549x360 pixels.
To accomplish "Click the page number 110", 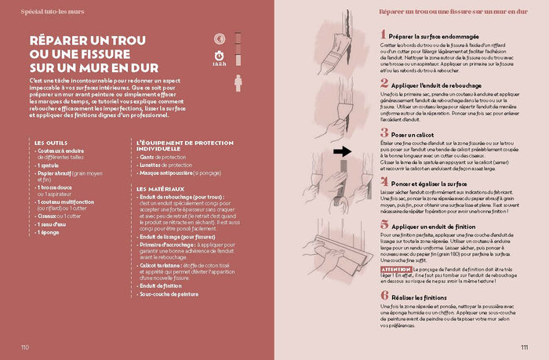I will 26,347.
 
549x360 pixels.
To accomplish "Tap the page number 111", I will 523,347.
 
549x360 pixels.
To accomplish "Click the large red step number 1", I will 384,35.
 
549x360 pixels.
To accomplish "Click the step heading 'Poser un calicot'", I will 416,134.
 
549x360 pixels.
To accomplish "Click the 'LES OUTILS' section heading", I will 50,142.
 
